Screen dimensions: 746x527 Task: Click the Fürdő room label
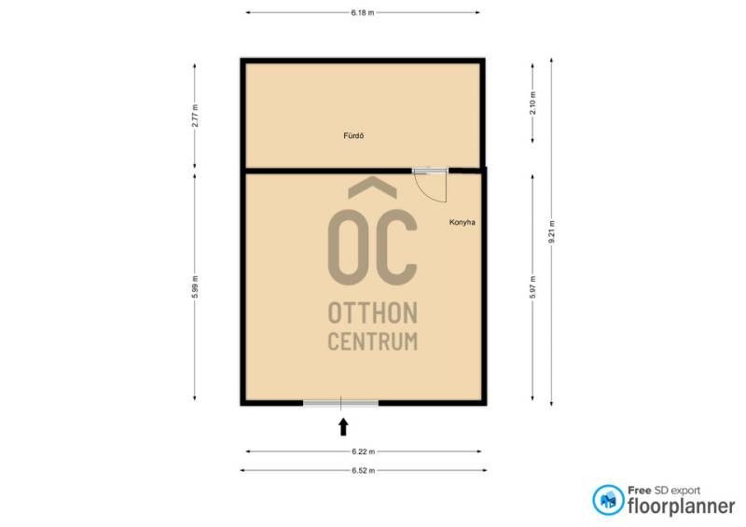pyautogui.click(x=353, y=135)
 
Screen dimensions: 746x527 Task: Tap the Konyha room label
pyautogui.click(x=462, y=222)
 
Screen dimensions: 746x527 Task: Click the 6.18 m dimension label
pyautogui.click(x=363, y=13)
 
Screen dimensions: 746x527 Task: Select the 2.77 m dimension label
pyautogui.click(x=195, y=116)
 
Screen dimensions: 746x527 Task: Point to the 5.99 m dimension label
pyautogui.click(x=195, y=287)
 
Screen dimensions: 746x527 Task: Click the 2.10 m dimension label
pyautogui.click(x=532, y=103)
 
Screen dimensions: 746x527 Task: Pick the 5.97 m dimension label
pyautogui.click(x=532, y=287)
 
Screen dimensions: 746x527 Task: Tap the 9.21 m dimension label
pyautogui.click(x=552, y=232)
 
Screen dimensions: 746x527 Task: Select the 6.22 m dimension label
pyautogui.click(x=364, y=451)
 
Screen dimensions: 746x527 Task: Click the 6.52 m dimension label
pyautogui.click(x=364, y=470)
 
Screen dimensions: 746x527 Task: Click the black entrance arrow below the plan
pyautogui.click(x=343, y=427)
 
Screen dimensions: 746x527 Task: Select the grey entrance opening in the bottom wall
pyautogui.click(x=340, y=403)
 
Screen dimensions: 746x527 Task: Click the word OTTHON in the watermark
pyautogui.click(x=373, y=313)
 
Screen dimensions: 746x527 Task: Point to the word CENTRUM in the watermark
pyautogui.click(x=373, y=341)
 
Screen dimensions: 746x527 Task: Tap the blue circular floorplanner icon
pyautogui.click(x=608, y=500)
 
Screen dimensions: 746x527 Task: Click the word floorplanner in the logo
pyautogui.click(x=681, y=506)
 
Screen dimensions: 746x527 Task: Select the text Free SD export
pyautogui.click(x=664, y=491)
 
